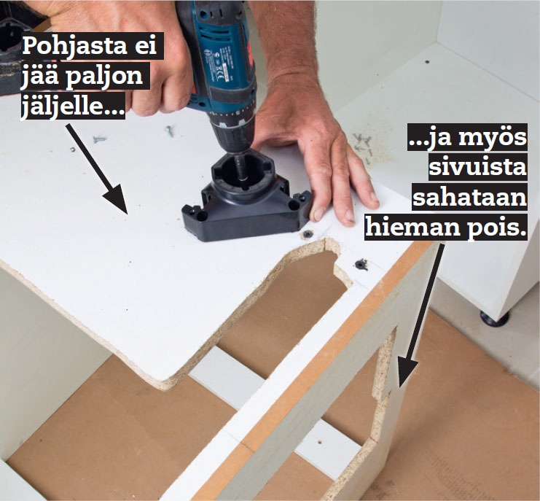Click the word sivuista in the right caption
[x=477, y=168]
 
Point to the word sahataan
[x=470, y=198]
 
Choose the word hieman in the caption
[x=412, y=228]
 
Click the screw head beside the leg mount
[x=307, y=235]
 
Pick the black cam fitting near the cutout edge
[x=361, y=264]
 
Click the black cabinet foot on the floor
[x=495, y=319]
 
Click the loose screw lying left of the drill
[x=100, y=139]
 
